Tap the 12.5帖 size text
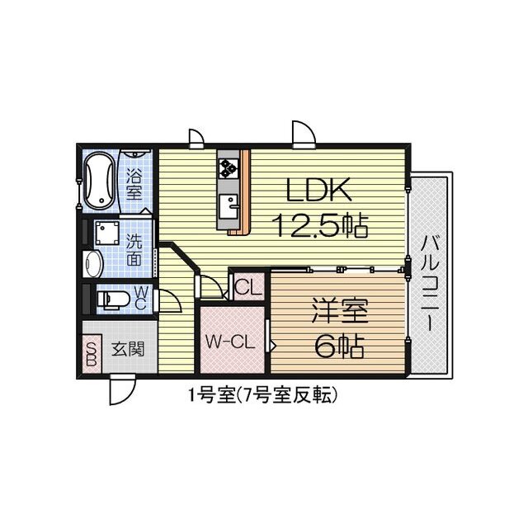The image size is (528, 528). pyautogui.click(x=319, y=224)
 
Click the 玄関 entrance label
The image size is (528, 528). pyautogui.click(x=127, y=349)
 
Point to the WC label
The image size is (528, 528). pyautogui.click(x=140, y=297)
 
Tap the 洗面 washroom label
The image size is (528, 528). pyautogui.click(x=134, y=250)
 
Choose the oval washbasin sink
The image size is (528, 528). pyautogui.click(x=92, y=264)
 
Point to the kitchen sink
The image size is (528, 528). pyautogui.click(x=228, y=203)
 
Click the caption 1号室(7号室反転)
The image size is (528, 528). pyautogui.click(x=262, y=395)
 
